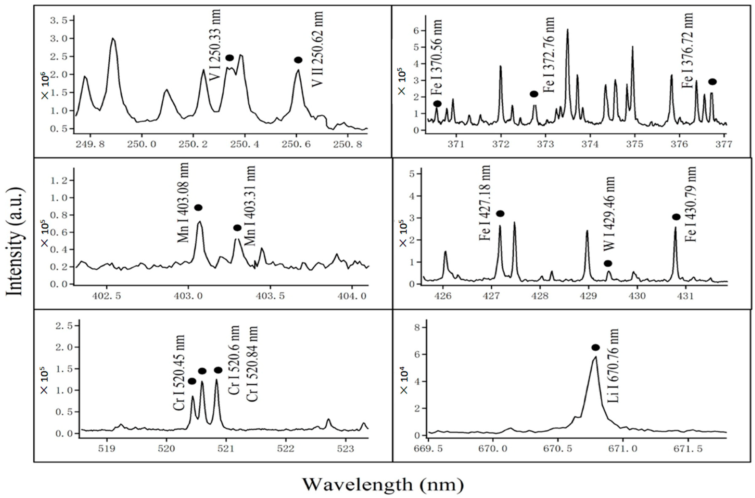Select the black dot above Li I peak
tap(595, 347)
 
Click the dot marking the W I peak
tap(608, 263)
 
